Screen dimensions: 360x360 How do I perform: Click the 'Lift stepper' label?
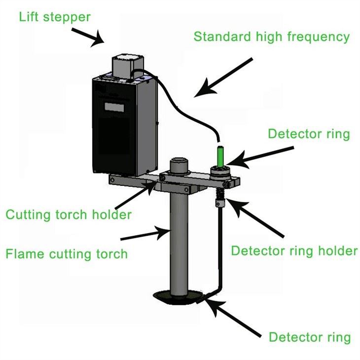point(55,17)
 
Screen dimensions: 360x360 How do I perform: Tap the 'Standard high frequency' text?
point(272,36)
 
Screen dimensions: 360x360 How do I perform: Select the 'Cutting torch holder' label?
point(69,215)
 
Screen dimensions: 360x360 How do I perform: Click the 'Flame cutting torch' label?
point(67,254)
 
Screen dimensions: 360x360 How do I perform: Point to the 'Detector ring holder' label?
point(294,251)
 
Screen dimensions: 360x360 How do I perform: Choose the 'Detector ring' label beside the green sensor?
point(309,134)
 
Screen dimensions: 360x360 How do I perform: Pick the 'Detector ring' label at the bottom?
point(309,337)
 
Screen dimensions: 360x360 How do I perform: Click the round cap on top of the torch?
point(180,164)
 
